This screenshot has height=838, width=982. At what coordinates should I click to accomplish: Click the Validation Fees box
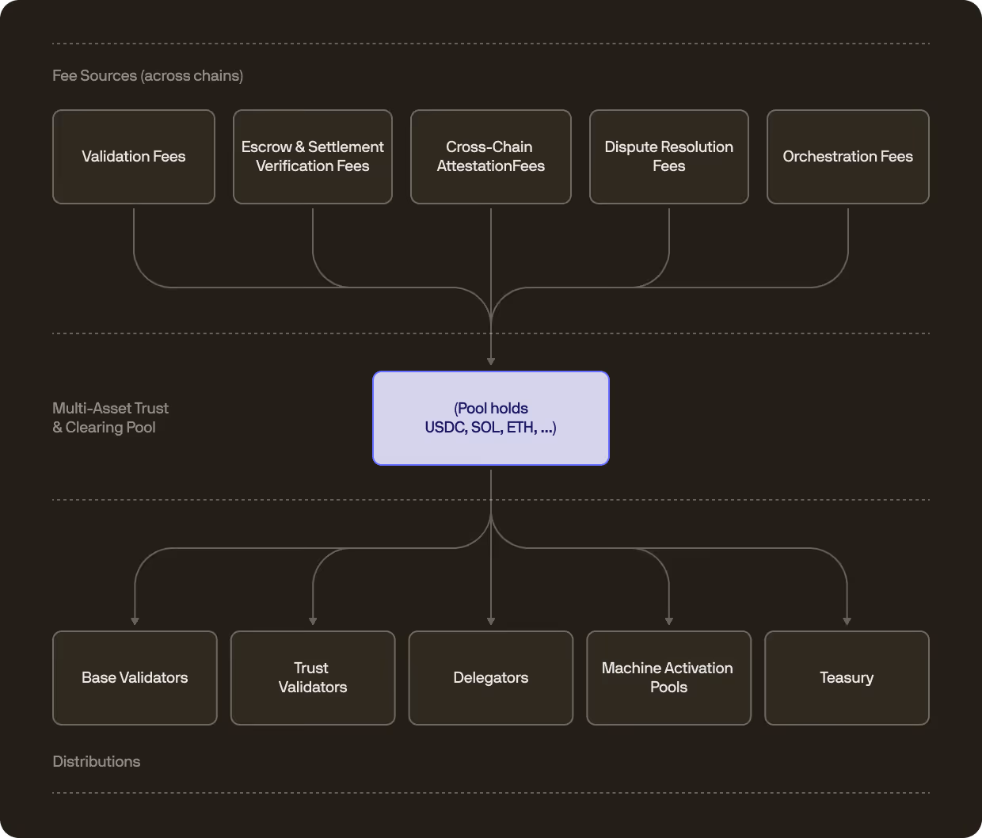point(134,157)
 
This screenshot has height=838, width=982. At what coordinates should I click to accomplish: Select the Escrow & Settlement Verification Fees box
point(313,157)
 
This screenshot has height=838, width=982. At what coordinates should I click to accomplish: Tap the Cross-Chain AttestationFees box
point(491,157)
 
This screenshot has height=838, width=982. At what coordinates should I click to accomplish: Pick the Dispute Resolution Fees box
point(669,157)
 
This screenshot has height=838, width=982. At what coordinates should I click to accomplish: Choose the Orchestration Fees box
point(848,157)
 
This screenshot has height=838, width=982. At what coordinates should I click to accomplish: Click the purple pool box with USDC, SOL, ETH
point(491,418)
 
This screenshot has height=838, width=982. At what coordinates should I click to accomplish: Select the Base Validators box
point(135,678)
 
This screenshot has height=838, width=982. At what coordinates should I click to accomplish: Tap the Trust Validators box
point(313,678)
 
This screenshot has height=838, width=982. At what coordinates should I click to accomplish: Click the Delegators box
point(491,678)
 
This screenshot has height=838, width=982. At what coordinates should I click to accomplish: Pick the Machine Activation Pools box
point(669,678)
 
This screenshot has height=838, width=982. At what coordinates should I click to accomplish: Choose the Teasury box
point(847,678)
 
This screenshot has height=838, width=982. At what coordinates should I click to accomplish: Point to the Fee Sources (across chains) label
point(148,76)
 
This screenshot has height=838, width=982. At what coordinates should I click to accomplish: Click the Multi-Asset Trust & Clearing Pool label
point(111,418)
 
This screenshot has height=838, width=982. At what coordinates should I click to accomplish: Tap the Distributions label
point(97,762)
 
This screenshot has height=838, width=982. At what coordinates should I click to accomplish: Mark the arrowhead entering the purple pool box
point(491,361)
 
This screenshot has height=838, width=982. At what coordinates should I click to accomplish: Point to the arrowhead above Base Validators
point(135,621)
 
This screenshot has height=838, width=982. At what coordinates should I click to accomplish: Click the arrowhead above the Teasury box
point(847,621)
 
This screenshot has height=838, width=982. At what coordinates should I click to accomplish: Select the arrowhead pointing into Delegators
point(491,621)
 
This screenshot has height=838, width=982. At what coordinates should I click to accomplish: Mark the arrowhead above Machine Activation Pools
point(669,621)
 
